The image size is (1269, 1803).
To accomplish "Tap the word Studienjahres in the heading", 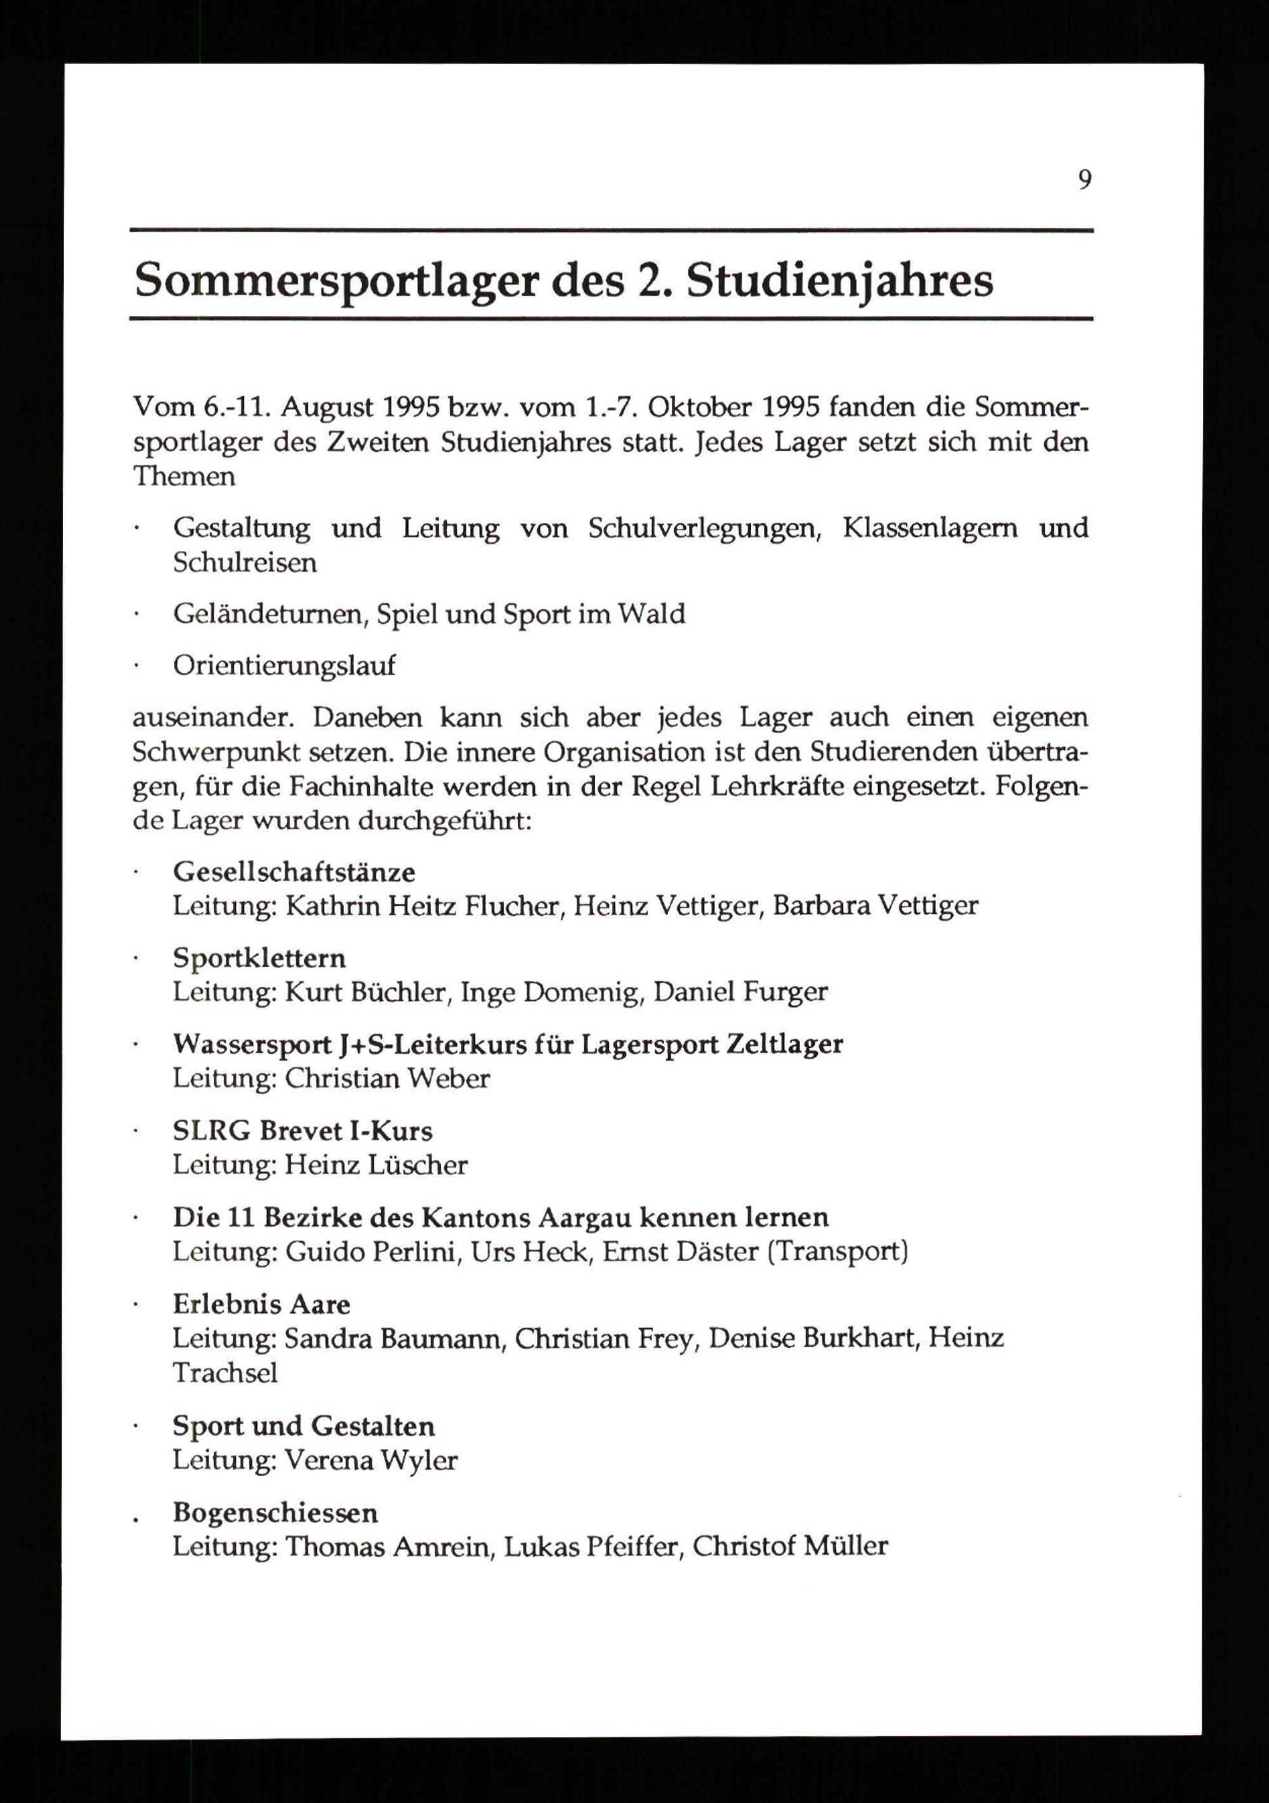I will [x=839, y=281].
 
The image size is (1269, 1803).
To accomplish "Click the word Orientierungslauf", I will [x=284, y=665].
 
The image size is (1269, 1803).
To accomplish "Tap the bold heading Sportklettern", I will [x=259, y=958].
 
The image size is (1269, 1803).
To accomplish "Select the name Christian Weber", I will [x=387, y=1078].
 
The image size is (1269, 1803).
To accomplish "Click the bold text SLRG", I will [x=211, y=1131].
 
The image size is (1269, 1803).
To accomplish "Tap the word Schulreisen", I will [x=245, y=562].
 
